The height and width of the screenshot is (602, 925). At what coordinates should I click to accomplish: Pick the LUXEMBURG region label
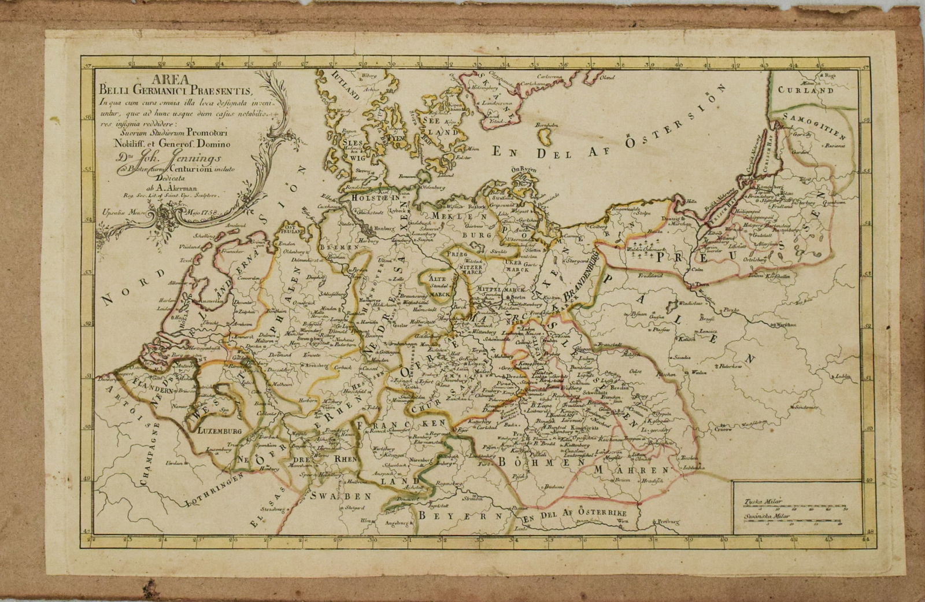click(x=218, y=431)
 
